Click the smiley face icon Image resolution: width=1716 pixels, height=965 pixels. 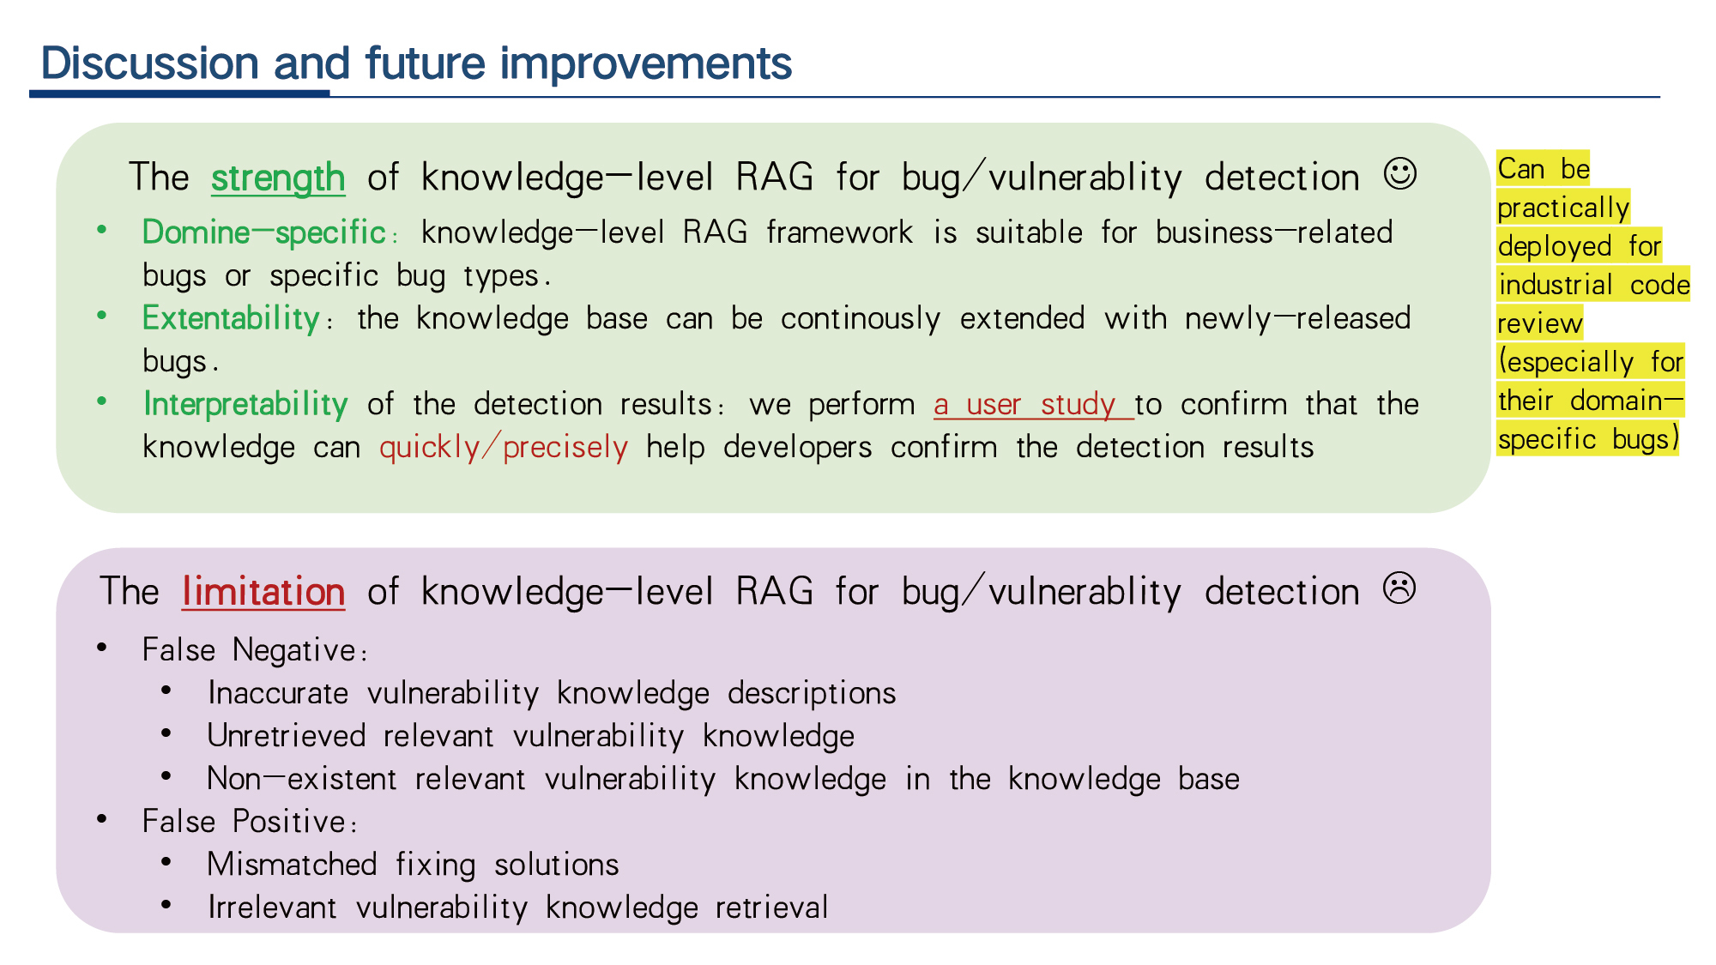(1399, 174)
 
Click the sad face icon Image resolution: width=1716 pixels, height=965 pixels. (1399, 588)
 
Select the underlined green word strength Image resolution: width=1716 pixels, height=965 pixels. (278, 178)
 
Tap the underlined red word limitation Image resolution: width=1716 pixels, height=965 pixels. (263, 592)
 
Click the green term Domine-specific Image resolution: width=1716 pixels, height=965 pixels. (264, 232)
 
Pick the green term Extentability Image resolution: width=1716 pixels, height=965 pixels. (231, 318)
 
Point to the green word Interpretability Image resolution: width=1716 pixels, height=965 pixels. (245, 405)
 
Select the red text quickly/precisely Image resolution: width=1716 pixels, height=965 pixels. (504, 448)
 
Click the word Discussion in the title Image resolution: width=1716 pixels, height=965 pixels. (150, 63)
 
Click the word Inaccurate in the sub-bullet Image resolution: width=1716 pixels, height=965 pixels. (278, 693)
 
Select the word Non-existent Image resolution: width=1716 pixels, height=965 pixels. (302, 779)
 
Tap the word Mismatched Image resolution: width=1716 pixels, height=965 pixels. (293, 865)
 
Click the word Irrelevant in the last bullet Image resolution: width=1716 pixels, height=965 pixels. (272, 908)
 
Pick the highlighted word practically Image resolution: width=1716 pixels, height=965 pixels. (1563, 208)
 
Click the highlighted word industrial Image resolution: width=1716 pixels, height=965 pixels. (1556, 285)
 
